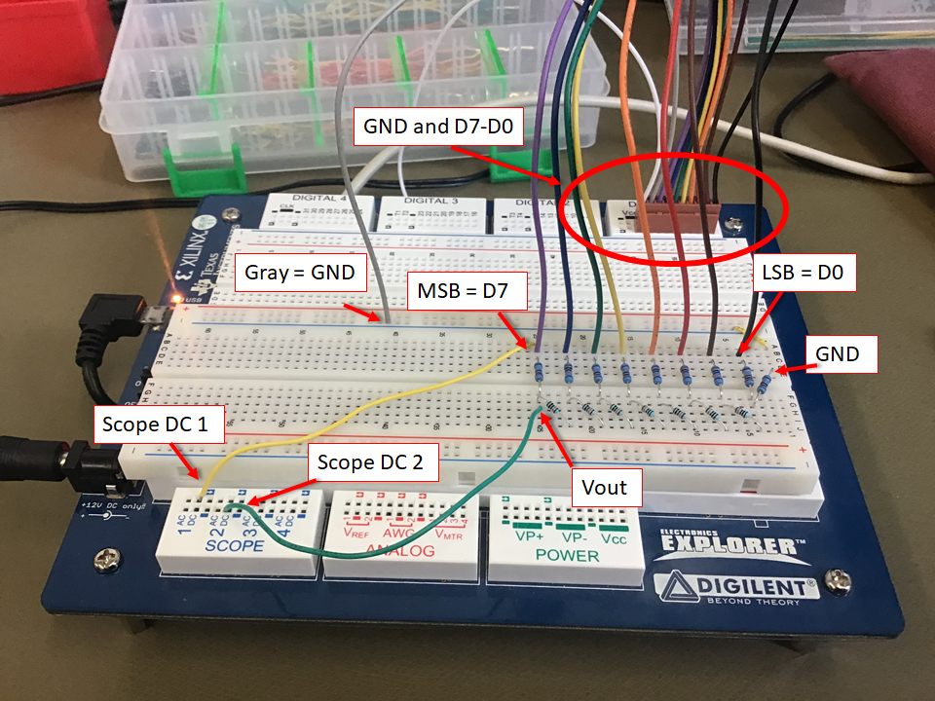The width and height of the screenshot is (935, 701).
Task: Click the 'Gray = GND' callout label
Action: tap(301, 274)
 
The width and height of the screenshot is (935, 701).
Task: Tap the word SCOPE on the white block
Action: tap(235, 544)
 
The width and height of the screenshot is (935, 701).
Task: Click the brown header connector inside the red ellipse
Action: tap(686, 211)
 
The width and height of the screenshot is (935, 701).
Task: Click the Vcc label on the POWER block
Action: tap(614, 537)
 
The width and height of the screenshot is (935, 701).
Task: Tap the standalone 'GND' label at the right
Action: tap(838, 354)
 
